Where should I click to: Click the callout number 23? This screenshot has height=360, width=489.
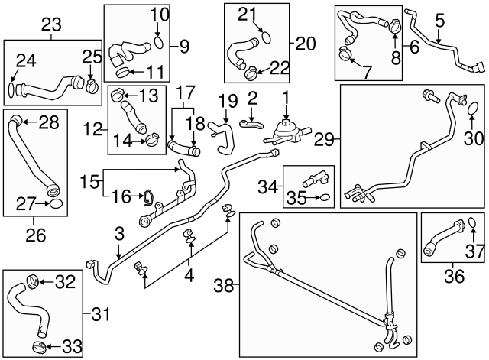click(51, 24)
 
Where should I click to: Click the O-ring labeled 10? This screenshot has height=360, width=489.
click(159, 41)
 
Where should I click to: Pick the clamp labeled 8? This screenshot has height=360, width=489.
click(394, 30)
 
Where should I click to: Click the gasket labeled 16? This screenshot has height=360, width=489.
click(147, 199)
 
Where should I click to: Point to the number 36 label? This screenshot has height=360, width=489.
click(454, 277)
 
